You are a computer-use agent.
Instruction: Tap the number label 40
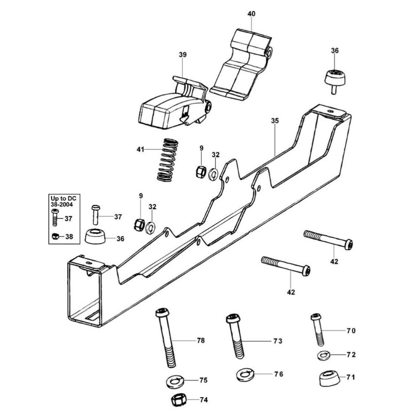click(251, 14)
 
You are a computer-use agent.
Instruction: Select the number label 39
click(183, 55)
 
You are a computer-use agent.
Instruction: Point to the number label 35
click(275, 121)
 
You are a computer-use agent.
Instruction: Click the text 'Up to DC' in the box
click(62, 198)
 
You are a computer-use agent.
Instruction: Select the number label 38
click(69, 237)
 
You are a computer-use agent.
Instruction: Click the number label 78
click(201, 341)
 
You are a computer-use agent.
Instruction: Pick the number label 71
click(351, 378)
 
